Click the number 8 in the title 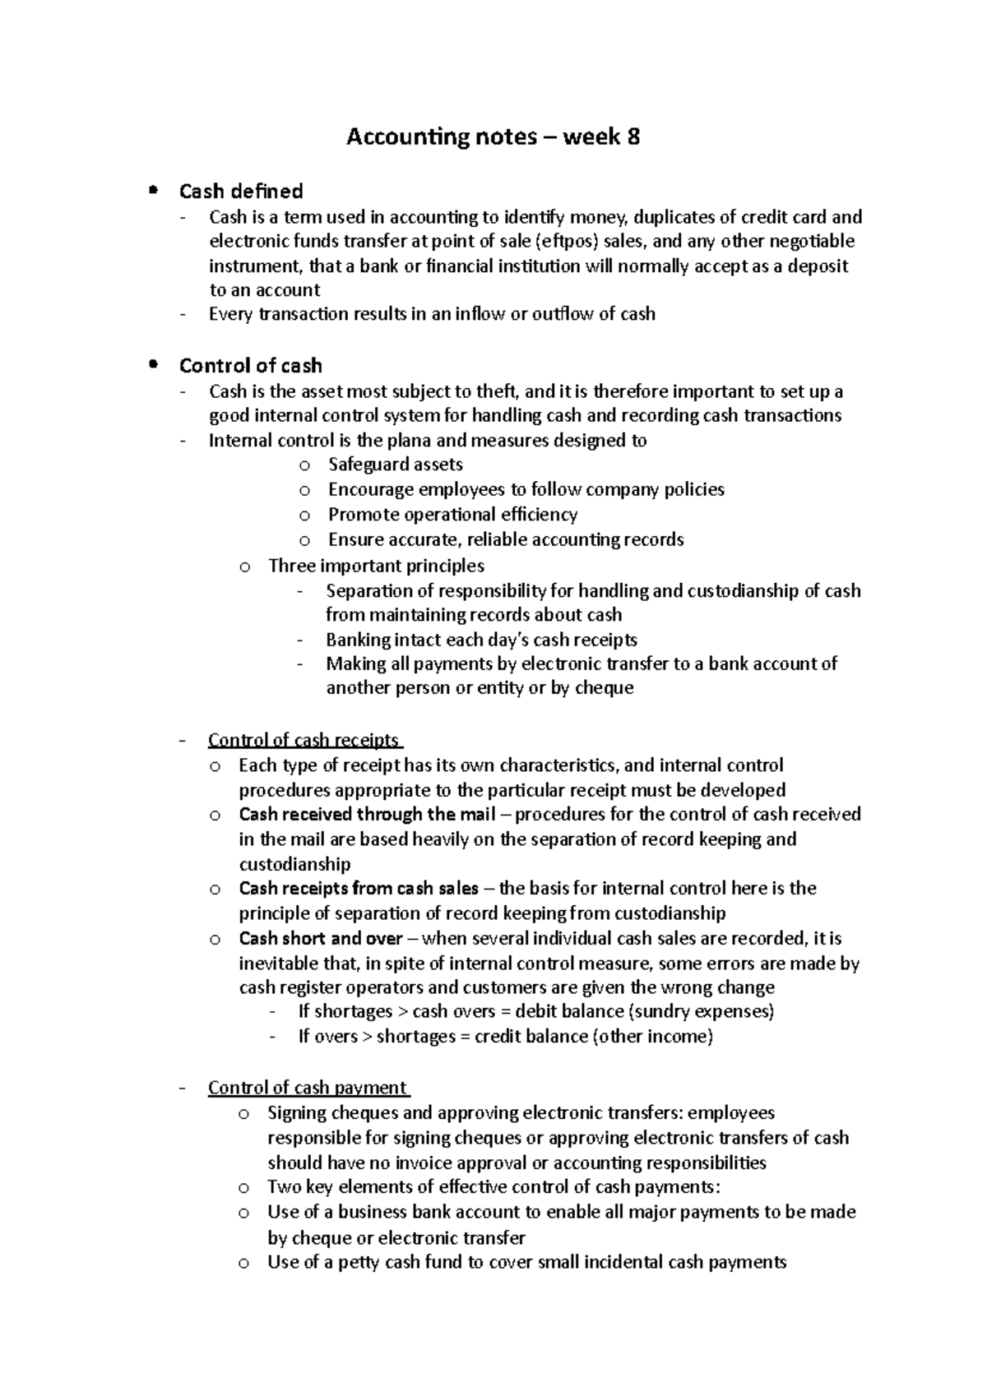click(x=633, y=137)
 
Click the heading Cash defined click(x=241, y=192)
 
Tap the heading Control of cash click(x=250, y=366)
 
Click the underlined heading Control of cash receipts click(x=304, y=740)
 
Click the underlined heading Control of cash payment click(x=308, y=1088)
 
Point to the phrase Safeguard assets click(x=395, y=465)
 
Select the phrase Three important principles click(x=376, y=566)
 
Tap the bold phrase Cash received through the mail click(x=367, y=815)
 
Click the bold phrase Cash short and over click(x=321, y=939)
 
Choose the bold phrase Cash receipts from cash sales click(x=359, y=889)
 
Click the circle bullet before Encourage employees click(x=305, y=491)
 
